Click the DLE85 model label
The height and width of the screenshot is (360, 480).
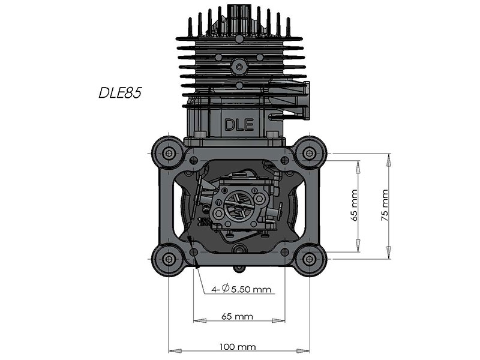120,92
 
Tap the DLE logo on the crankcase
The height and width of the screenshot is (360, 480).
239,125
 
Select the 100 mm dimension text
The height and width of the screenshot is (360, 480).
238,347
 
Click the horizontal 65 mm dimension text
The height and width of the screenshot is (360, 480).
237,316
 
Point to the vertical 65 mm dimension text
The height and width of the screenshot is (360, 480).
354,205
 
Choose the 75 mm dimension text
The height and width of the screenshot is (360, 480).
385,205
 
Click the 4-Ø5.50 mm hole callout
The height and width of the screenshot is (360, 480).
241,289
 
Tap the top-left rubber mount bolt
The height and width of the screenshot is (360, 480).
169,153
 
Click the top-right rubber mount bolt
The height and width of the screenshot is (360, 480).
310,153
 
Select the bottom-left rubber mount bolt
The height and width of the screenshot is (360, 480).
169,259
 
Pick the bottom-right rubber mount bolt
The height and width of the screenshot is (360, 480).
310,259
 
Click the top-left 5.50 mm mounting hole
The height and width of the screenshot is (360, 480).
193,160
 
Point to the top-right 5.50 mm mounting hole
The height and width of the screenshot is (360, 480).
285,160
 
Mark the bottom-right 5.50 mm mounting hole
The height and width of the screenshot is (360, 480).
285,252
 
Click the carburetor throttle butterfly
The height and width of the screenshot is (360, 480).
239,205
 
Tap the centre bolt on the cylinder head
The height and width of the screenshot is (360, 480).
239,66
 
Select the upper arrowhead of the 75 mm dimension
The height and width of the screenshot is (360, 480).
388,160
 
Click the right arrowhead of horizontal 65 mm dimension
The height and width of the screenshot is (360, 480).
278,320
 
